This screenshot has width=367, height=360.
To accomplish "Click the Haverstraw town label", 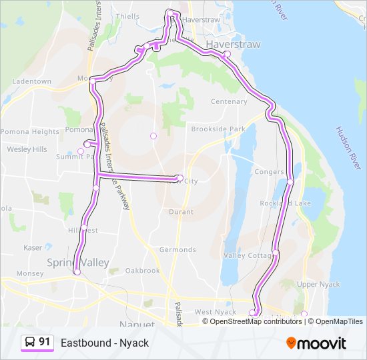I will click(x=224, y=44).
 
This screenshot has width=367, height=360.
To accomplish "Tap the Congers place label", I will click(x=269, y=171).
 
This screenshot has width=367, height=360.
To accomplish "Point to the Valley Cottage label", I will click(x=244, y=255).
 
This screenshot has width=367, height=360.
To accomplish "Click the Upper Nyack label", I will click(x=318, y=285).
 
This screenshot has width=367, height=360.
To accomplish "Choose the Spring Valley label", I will click(x=77, y=263).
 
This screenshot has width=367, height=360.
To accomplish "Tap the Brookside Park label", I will click(x=218, y=129).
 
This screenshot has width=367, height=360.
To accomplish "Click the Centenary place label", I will click(x=229, y=101).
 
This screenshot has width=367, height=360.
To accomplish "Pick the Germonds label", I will click(x=177, y=249).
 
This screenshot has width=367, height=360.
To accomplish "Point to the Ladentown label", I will click(x=31, y=81).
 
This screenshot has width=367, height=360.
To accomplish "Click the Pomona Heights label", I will click(x=30, y=132).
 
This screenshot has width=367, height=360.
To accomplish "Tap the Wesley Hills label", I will click(x=27, y=149).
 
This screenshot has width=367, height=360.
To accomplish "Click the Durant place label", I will click(x=181, y=212).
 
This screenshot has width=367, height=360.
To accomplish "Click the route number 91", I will click(x=45, y=342).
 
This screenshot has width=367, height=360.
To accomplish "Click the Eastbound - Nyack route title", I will click(x=105, y=343).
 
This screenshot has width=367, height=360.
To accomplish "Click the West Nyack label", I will click(x=215, y=312).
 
